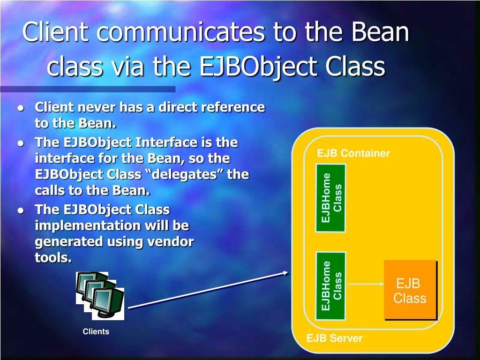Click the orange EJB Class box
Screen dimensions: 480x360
[x=410, y=290]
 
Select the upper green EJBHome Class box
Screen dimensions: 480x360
[x=330, y=198]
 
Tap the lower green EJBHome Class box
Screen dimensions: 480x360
[x=330, y=286]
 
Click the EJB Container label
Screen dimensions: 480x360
[x=353, y=153]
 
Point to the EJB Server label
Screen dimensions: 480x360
[x=334, y=338]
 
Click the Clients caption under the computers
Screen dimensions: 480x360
[x=96, y=331]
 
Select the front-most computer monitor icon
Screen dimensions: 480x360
[x=107, y=303]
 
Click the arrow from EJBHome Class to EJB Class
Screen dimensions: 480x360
[x=366, y=284]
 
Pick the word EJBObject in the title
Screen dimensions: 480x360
[x=258, y=67]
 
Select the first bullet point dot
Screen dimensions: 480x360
[x=21, y=108]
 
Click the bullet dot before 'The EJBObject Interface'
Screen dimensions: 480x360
[x=21, y=143]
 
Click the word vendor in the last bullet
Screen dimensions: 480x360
[x=171, y=241]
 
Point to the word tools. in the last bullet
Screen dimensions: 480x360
[x=53, y=258]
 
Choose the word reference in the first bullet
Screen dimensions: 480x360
[x=234, y=107]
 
